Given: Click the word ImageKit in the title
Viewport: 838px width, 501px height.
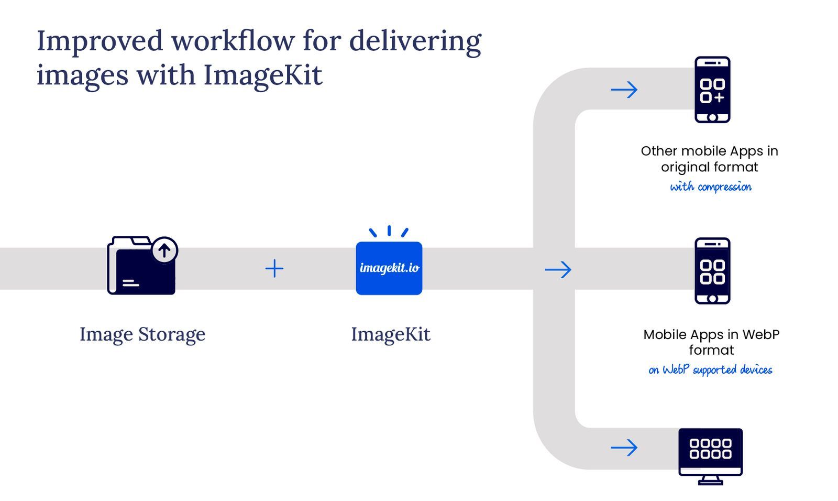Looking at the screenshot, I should point(262,75).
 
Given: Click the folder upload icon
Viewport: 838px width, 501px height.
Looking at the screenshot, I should point(141,266).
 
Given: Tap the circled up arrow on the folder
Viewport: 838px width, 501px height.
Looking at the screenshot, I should point(164,250).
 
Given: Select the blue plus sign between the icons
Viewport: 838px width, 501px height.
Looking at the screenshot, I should point(274,269).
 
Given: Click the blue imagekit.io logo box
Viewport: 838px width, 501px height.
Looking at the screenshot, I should point(389,268).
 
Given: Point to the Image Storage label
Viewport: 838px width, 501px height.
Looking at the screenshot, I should point(142,334).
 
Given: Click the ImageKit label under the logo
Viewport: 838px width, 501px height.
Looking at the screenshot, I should point(390,334).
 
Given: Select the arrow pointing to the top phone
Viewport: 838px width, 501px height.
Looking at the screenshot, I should point(624,90).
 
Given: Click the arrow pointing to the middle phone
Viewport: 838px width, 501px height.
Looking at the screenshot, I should point(558,270).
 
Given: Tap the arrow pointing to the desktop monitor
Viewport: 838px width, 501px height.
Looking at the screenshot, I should point(624,448).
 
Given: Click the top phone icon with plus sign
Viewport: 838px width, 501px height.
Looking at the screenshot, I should point(712,90).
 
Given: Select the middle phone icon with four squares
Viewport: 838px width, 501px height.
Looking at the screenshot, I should point(712,271).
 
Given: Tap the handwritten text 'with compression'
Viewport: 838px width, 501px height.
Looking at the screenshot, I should point(710,187).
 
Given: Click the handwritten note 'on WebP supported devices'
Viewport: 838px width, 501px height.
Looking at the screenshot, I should point(710,370).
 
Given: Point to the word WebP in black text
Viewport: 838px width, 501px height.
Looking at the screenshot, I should point(760,334).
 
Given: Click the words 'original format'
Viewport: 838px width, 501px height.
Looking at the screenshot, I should point(709,167).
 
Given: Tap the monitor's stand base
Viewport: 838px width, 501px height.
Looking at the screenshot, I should point(710,482).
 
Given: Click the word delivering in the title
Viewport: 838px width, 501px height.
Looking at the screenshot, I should point(415,41).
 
